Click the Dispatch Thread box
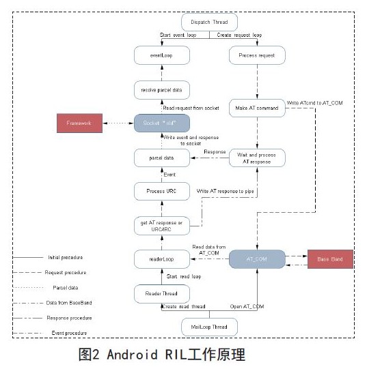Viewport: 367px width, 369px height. pos(209,23)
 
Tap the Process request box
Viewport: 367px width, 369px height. pos(256,55)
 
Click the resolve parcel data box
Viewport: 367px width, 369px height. pos(161,90)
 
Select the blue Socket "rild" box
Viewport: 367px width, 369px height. pos(161,123)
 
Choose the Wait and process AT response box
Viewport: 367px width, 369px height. pos(256,158)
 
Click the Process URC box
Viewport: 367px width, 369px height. pos(161,191)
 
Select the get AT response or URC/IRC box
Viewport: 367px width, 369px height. pos(161,225)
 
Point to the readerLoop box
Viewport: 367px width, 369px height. pos(161,259)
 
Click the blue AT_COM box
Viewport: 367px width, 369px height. pos(256,259)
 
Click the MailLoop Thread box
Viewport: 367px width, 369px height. pos(209,326)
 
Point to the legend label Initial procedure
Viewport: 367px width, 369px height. pos(67,257)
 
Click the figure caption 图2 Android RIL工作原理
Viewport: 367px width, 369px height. pos(161,354)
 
